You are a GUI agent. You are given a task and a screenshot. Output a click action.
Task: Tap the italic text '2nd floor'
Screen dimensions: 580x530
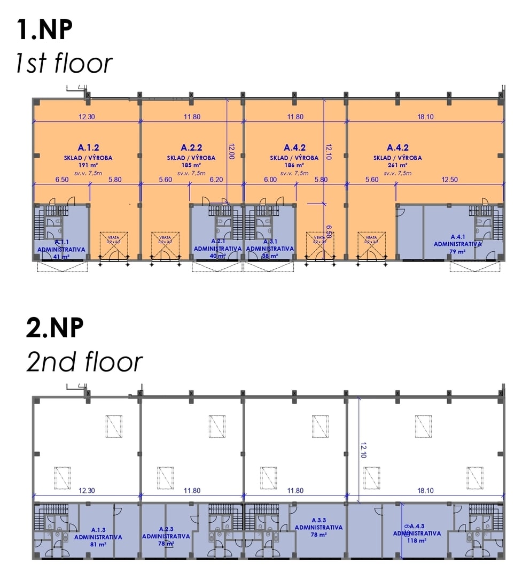point(84,362)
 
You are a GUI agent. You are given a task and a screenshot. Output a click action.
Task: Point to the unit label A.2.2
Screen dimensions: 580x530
point(191,148)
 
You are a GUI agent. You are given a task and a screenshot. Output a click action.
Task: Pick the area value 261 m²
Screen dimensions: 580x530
point(397,165)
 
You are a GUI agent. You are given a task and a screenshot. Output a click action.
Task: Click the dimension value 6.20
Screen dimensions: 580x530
point(216,180)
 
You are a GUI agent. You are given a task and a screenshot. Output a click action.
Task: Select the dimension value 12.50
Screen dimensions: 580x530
point(450,180)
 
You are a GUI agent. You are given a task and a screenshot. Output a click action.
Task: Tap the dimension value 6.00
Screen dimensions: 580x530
point(270,180)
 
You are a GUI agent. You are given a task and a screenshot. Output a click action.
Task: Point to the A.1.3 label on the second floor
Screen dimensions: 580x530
point(98,530)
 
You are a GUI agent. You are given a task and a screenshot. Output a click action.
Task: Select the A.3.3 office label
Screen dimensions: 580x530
point(318,520)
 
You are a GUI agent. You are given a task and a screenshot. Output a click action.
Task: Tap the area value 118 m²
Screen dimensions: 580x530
point(417,540)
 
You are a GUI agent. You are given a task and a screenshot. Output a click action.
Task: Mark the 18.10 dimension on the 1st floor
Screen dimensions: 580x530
point(425,117)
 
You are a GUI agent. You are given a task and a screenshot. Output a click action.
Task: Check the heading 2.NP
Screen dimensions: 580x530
point(55,328)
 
